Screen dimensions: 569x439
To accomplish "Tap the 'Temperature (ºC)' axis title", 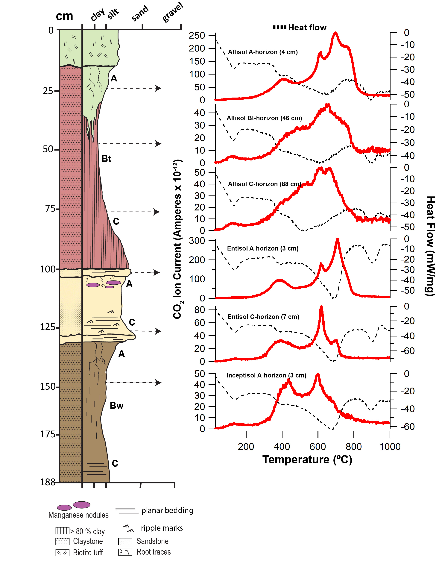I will (x=307, y=460).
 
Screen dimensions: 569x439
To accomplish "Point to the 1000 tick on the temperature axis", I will (x=390, y=447).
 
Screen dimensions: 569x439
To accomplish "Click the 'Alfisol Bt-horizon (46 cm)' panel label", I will (x=264, y=118).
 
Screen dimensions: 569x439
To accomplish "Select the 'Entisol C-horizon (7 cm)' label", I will (x=263, y=317).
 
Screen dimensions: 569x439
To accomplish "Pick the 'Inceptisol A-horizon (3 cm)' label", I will (x=266, y=375).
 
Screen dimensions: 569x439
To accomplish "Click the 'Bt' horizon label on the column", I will (x=106, y=158).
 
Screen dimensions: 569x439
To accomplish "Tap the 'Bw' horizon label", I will (x=116, y=406).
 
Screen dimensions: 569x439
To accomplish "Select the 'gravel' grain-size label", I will (x=172, y=12).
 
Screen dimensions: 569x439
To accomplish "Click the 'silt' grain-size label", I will (x=113, y=13).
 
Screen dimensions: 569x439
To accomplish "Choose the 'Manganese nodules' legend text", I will (x=78, y=515).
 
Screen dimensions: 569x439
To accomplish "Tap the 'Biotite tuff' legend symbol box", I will (x=62, y=552).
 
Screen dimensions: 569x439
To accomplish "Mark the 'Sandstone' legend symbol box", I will (x=125, y=541).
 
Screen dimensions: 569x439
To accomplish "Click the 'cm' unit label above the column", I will (x=64, y=16).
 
